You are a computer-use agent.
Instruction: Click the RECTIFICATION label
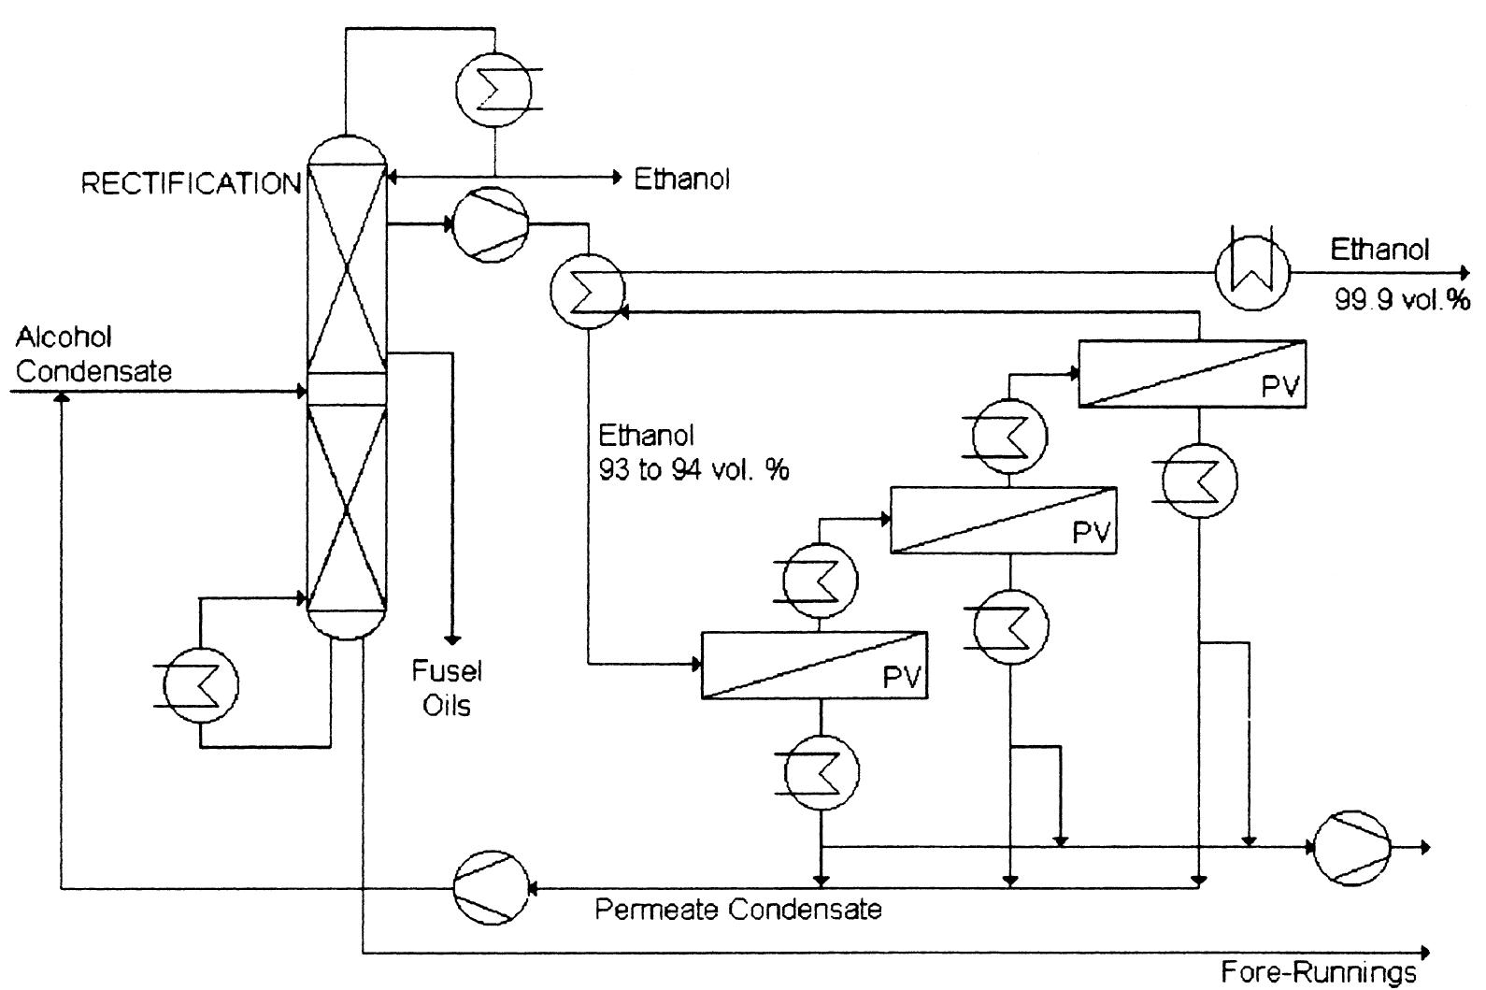point(191,183)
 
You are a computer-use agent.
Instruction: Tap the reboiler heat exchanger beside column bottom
point(201,685)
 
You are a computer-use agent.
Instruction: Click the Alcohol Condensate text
point(93,354)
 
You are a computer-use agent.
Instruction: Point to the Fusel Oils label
point(447,687)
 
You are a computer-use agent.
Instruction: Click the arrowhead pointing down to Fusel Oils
point(452,639)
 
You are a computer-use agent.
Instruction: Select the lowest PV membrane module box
point(815,666)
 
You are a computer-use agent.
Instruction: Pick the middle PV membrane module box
point(1003,519)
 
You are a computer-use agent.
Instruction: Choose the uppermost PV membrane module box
point(1192,374)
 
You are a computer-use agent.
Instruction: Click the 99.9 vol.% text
point(1403,300)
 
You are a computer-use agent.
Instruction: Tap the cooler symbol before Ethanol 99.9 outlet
point(1251,274)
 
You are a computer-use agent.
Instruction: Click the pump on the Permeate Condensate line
point(491,887)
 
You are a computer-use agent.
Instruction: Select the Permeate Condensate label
point(738,909)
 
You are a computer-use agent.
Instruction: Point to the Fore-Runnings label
point(1319,972)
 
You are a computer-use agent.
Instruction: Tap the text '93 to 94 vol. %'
point(693,468)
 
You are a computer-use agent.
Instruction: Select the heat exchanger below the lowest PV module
point(821,772)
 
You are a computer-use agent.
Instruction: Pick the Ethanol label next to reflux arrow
point(681,179)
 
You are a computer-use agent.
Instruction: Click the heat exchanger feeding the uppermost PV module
point(1009,437)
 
